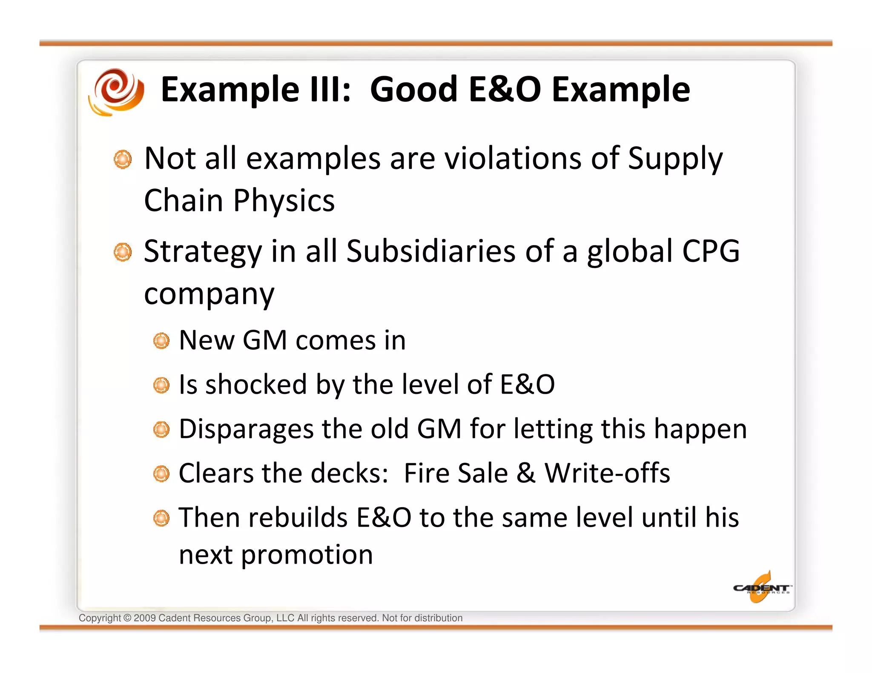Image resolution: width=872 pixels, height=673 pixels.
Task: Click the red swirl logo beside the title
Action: [x=116, y=91]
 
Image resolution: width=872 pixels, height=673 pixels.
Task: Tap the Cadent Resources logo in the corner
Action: [x=761, y=588]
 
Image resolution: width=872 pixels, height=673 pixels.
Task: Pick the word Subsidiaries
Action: [x=431, y=251]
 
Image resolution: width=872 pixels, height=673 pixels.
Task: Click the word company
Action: [x=209, y=294]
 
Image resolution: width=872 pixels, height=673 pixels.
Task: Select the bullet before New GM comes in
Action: [x=161, y=341]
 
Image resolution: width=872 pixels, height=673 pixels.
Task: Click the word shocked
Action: [x=256, y=385]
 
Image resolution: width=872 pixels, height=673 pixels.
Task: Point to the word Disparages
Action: [x=246, y=430]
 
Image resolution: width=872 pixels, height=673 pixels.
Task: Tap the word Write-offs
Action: [x=607, y=473]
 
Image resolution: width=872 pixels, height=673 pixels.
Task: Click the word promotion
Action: [x=307, y=555]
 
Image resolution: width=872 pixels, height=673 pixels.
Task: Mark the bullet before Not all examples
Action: [x=123, y=160]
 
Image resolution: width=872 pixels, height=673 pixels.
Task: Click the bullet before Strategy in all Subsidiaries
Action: [x=123, y=252]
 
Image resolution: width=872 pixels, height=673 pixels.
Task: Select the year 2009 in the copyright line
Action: [x=144, y=618]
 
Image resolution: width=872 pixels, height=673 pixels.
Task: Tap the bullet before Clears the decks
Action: [x=161, y=474]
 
